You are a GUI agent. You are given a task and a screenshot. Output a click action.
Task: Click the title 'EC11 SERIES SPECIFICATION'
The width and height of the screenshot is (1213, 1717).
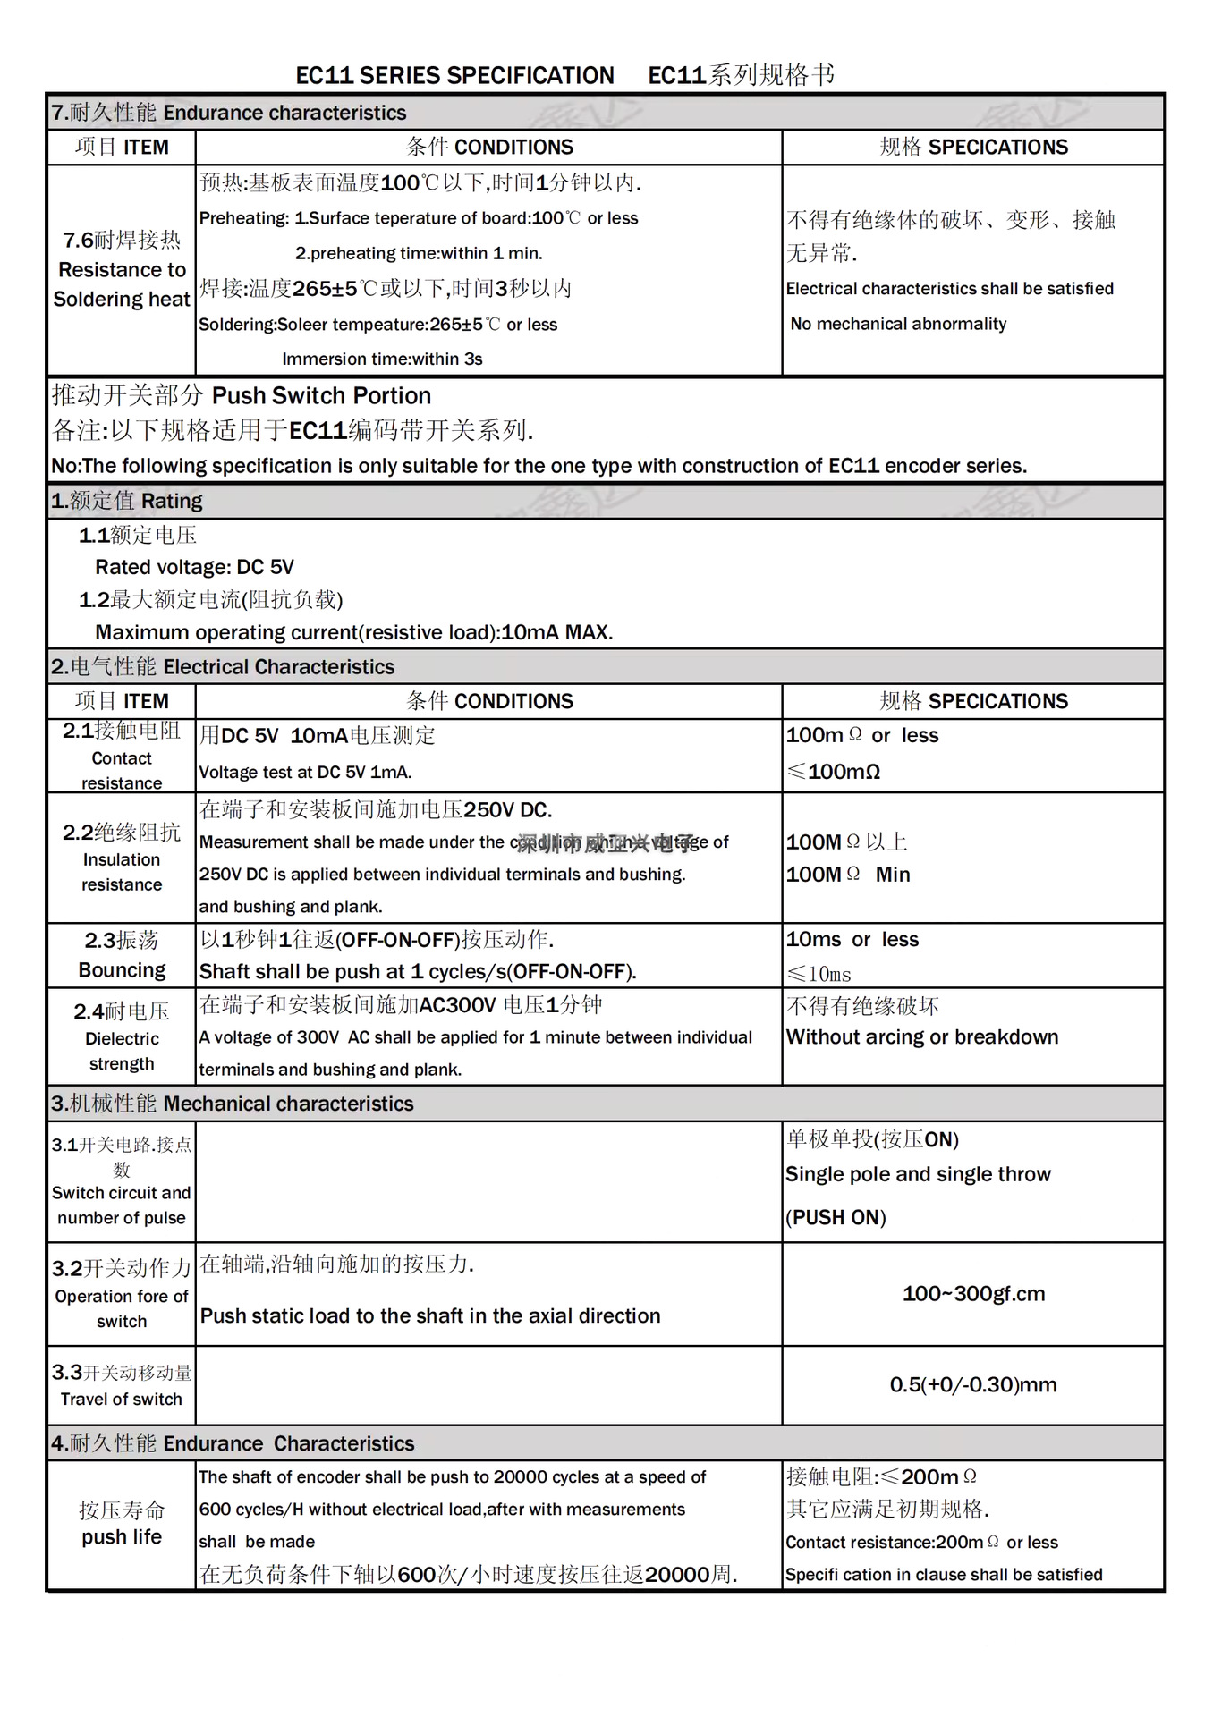(x=454, y=75)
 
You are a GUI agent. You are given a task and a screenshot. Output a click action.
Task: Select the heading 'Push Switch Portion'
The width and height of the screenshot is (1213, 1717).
(x=321, y=396)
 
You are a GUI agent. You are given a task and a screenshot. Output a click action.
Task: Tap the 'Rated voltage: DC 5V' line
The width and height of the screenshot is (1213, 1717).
(x=194, y=567)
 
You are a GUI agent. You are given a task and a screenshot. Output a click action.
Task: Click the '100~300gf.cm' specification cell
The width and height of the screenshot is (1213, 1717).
(x=973, y=1294)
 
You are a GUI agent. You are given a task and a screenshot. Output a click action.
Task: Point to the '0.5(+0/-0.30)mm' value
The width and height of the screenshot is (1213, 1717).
(x=973, y=1385)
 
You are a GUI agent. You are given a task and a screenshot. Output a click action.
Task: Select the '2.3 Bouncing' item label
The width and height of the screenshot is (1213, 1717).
(x=122, y=955)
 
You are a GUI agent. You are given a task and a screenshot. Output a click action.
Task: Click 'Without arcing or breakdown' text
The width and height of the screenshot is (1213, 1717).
(x=921, y=1037)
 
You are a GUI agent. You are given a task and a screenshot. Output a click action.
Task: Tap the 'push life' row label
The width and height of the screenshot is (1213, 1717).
(x=122, y=1537)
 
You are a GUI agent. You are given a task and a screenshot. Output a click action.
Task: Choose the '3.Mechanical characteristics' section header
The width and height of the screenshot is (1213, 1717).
(x=233, y=1104)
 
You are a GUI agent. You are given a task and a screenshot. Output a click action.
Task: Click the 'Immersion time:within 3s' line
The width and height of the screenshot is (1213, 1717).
(x=382, y=359)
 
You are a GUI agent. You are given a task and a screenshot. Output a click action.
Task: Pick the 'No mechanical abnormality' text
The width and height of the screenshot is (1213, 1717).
(x=898, y=324)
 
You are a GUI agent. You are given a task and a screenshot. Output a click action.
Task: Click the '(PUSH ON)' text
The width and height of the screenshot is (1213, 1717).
(x=836, y=1218)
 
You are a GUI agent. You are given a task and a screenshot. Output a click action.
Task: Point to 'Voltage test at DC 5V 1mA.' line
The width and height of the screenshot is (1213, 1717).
(x=305, y=773)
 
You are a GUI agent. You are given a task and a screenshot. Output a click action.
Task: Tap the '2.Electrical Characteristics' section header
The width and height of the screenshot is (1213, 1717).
(x=223, y=667)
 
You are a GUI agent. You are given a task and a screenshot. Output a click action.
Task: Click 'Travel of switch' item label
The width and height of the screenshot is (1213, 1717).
(x=122, y=1400)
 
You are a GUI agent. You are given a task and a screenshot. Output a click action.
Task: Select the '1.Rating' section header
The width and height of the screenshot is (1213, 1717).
(x=127, y=501)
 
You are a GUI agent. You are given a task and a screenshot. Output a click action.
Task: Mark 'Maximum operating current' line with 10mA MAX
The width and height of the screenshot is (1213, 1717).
(x=353, y=632)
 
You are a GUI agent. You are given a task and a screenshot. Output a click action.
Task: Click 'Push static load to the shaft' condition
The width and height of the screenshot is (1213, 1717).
(x=430, y=1316)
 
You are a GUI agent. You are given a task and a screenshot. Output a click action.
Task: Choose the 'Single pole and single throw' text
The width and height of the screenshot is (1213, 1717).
(x=918, y=1175)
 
